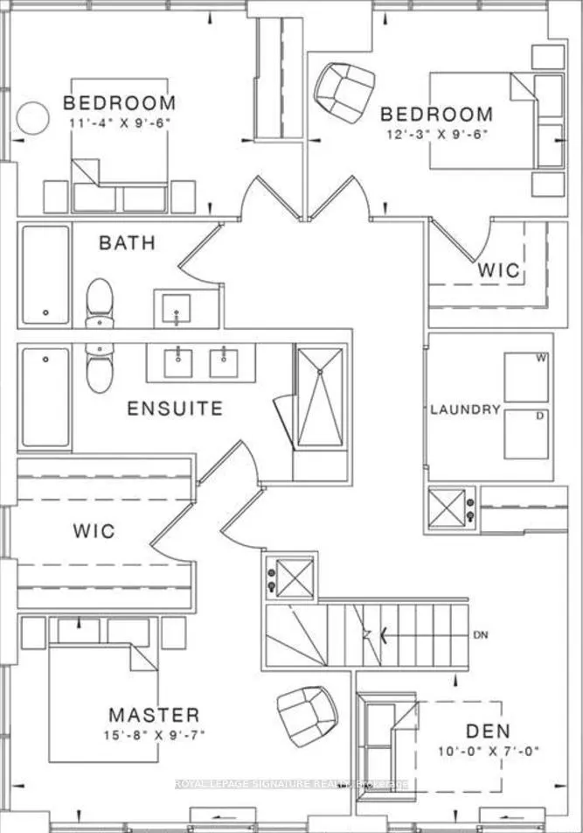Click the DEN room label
click(x=489, y=731)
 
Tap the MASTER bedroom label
click(x=154, y=715)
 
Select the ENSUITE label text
click(x=175, y=409)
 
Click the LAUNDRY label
click(x=464, y=409)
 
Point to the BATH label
click(x=127, y=242)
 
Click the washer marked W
click(x=526, y=375)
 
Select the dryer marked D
click(x=526, y=432)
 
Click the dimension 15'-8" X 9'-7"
click(x=154, y=735)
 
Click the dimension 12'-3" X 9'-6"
click(x=436, y=134)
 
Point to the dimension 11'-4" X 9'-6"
click(x=119, y=122)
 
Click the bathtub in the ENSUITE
click(x=45, y=397)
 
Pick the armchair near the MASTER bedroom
click(x=303, y=710)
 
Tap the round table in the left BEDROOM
click(x=34, y=117)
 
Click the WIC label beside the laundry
click(x=499, y=271)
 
